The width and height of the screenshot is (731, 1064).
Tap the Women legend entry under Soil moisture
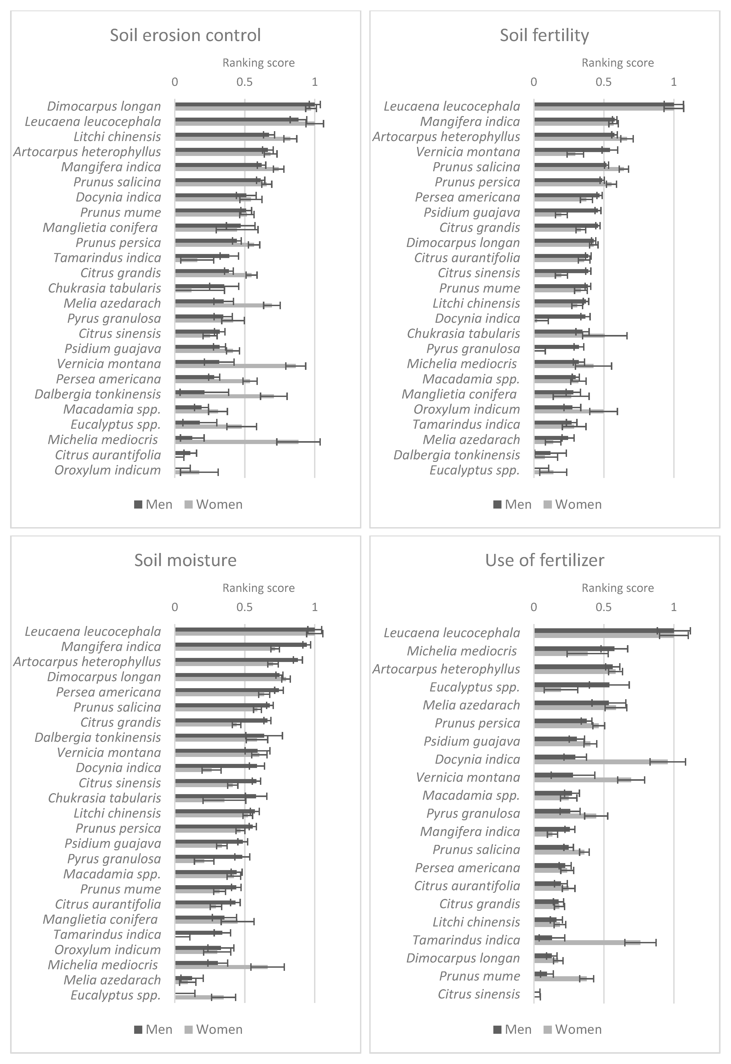[213, 1030]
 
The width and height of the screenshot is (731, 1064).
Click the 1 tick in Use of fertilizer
[673, 608]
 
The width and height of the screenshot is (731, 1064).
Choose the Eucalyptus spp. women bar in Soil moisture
[199, 997]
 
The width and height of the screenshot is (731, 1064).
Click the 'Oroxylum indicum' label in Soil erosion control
[108, 470]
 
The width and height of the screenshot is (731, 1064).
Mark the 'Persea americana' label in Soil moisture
[109, 692]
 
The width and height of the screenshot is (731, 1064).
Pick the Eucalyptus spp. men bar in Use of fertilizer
[572, 685]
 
